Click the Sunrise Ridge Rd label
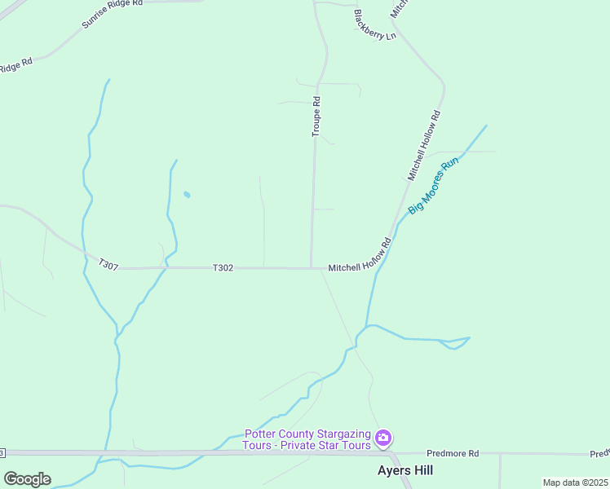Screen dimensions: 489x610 click(112, 14)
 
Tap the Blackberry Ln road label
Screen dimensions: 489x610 click(374, 24)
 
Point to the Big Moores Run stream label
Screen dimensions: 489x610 click(434, 185)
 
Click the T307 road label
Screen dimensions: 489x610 click(108, 264)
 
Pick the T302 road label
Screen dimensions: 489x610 click(223, 267)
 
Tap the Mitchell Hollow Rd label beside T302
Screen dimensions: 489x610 click(360, 256)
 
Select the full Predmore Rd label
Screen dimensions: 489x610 click(452, 453)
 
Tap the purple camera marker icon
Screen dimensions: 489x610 click(383, 439)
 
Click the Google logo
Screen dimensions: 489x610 click(27, 479)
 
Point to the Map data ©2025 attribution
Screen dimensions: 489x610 click(576, 482)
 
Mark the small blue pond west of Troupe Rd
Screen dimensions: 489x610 click(187, 195)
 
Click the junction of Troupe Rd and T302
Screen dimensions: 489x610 click(312, 267)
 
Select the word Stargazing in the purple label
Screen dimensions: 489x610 click(343, 434)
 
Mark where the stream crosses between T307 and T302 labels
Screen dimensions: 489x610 click(166, 266)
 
